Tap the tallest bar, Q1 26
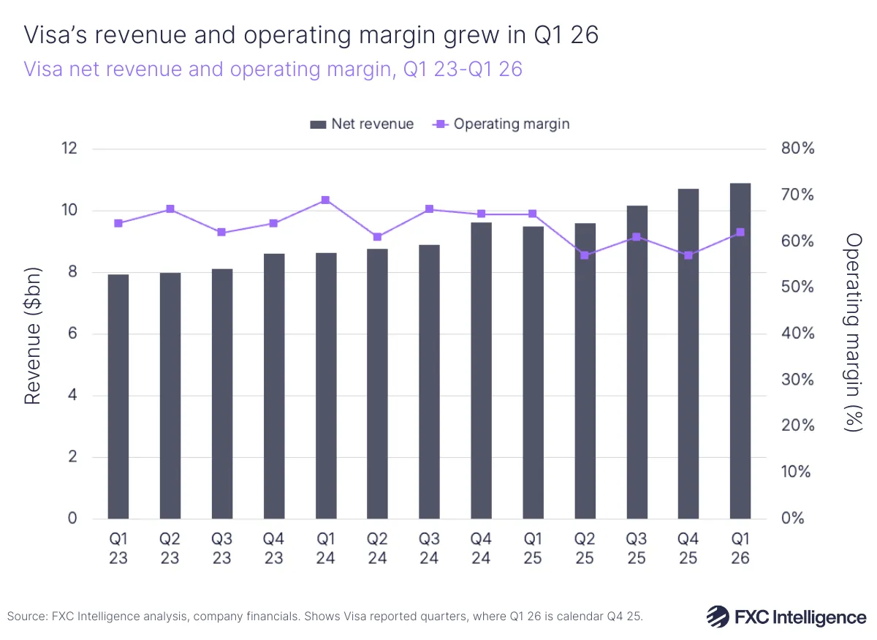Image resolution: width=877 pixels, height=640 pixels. [x=740, y=351]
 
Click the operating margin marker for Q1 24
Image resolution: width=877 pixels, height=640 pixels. [x=326, y=200]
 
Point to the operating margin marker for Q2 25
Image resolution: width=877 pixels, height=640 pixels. [x=585, y=255]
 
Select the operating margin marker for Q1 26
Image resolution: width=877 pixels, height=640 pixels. [x=740, y=232]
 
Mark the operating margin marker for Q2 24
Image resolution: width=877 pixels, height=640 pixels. [x=377, y=237]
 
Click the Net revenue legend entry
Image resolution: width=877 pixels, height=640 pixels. [x=362, y=124]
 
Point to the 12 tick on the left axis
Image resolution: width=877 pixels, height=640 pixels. [x=69, y=148]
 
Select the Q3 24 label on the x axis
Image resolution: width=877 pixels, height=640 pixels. [x=429, y=549]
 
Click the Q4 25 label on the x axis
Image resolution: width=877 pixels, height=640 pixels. [x=688, y=549]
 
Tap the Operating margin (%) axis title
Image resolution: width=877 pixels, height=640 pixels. [x=852, y=333]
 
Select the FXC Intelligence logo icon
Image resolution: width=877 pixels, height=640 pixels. [x=718, y=616]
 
